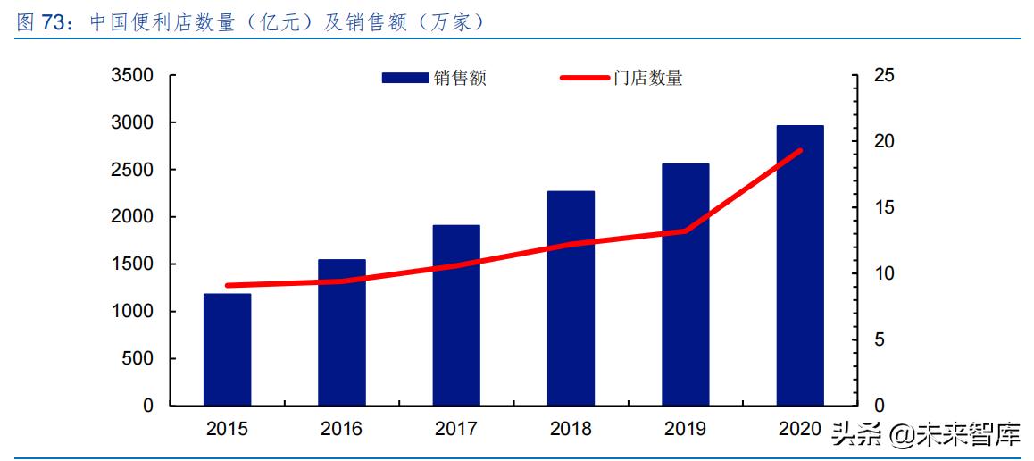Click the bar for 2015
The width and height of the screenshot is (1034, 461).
pos(227,349)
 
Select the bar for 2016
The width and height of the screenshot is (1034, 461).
pos(342,332)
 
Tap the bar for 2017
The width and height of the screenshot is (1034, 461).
pos(456,315)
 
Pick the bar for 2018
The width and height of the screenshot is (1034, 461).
pos(571,298)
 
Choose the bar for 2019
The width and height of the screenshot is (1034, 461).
pos(686,285)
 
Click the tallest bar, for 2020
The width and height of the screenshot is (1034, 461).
pos(800,265)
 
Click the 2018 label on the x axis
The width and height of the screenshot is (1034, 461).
pos(571,429)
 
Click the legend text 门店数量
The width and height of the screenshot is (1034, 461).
pos(648,79)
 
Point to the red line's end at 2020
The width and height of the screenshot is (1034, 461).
pos(800,151)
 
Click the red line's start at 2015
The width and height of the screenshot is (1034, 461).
pos(227,286)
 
